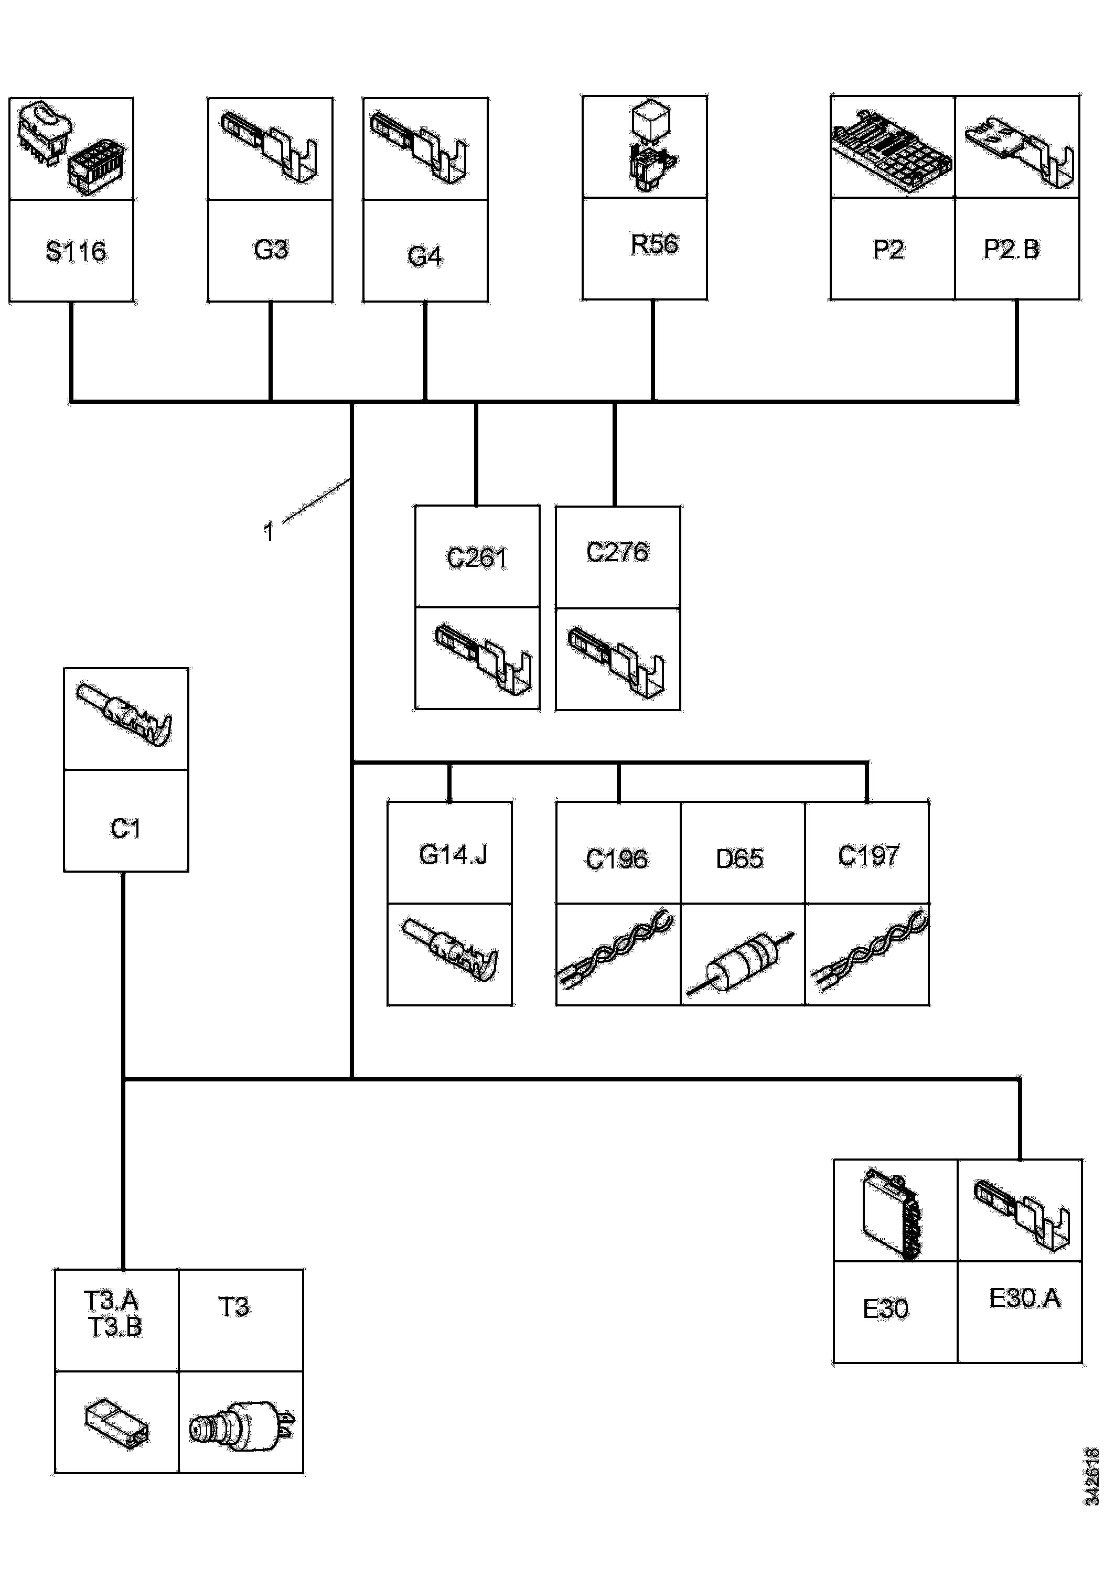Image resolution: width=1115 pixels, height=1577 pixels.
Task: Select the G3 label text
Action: (271, 249)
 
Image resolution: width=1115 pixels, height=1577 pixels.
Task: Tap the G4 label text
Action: (425, 256)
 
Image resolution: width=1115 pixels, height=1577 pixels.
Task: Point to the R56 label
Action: (654, 244)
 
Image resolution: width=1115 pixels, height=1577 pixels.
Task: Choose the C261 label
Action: (477, 557)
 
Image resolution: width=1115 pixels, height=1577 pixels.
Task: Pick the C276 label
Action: (617, 552)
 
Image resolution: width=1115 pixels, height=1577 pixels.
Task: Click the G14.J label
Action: (453, 854)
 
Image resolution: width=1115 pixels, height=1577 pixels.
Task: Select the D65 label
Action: (739, 859)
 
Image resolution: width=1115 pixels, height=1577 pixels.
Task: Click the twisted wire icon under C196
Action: (617, 953)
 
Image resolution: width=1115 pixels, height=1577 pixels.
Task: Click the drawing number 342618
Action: (1092, 1477)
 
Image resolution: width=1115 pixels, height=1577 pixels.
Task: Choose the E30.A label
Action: (1024, 1298)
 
